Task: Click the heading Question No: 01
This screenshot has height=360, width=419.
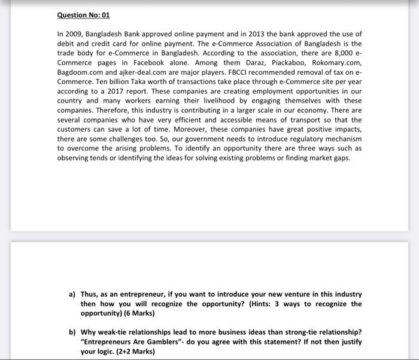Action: click(x=84, y=14)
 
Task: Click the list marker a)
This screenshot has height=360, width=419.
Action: click(x=72, y=295)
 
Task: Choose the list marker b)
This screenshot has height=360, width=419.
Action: click(x=72, y=332)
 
